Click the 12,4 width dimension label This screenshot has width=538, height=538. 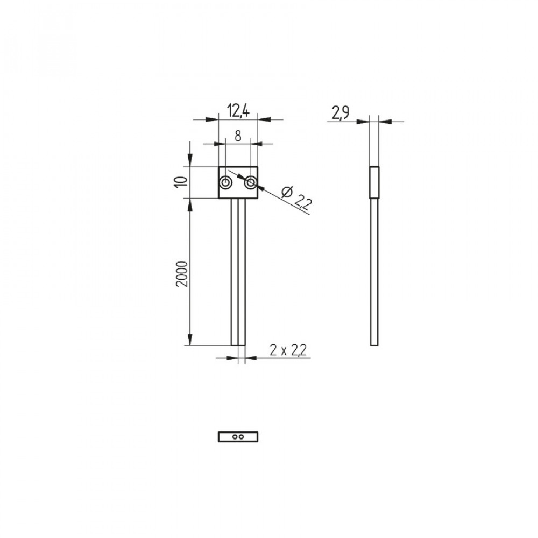pyautogui.click(x=238, y=111)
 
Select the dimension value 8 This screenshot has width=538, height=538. pyautogui.click(x=238, y=136)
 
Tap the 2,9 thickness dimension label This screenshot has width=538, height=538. pyautogui.click(x=341, y=113)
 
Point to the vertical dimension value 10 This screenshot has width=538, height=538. pyautogui.click(x=181, y=182)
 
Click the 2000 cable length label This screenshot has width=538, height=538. pyautogui.click(x=181, y=274)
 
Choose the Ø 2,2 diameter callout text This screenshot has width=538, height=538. pyautogui.click(x=296, y=198)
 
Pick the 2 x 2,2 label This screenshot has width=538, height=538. pyautogui.click(x=288, y=350)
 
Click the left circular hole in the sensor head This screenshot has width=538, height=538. pyautogui.click(x=225, y=182)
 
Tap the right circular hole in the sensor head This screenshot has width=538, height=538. pyautogui.click(x=251, y=182)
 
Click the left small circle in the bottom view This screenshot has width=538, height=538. pyautogui.click(x=235, y=437)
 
